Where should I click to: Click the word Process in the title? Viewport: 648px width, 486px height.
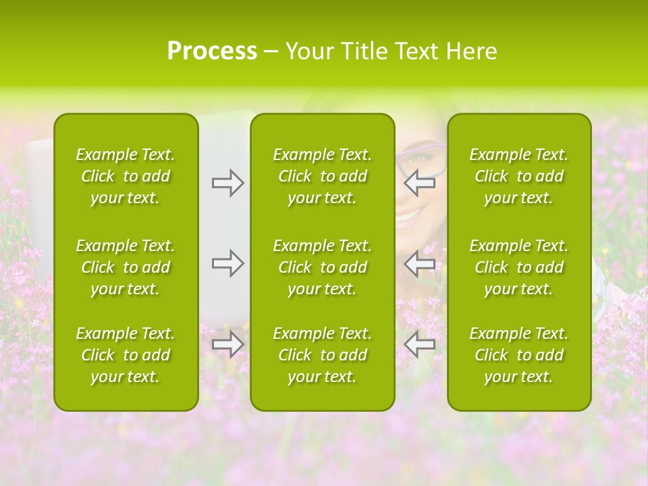tap(212, 51)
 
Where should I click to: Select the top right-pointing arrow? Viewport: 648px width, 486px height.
tap(227, 183)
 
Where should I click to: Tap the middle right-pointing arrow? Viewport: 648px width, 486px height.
tap(227, 263)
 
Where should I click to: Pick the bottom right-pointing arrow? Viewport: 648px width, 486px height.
tap(227, 344)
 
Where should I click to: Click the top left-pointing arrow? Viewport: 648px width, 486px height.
tap(420, 183)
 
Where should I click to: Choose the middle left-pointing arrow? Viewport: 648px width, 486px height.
tap(420, 263)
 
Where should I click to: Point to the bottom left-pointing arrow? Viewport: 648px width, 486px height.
tap(420, 344)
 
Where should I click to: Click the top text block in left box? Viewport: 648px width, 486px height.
tap(126, 176)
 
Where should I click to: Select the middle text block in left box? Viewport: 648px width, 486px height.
tap(126, 267)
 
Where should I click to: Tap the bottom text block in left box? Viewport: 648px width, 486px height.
tap(126, 355)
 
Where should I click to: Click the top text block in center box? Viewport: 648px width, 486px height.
tap(322, 176)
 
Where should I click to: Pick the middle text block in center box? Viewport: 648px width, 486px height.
tap(322, 267)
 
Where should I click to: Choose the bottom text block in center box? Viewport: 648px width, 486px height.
tap(322, 355)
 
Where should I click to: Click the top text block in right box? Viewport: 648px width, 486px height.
tap(518, 176)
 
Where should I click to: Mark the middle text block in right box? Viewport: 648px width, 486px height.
tap(518, 267)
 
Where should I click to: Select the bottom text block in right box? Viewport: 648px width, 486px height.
tap(518, 355)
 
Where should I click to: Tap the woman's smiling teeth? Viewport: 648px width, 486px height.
tap(408, 216)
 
